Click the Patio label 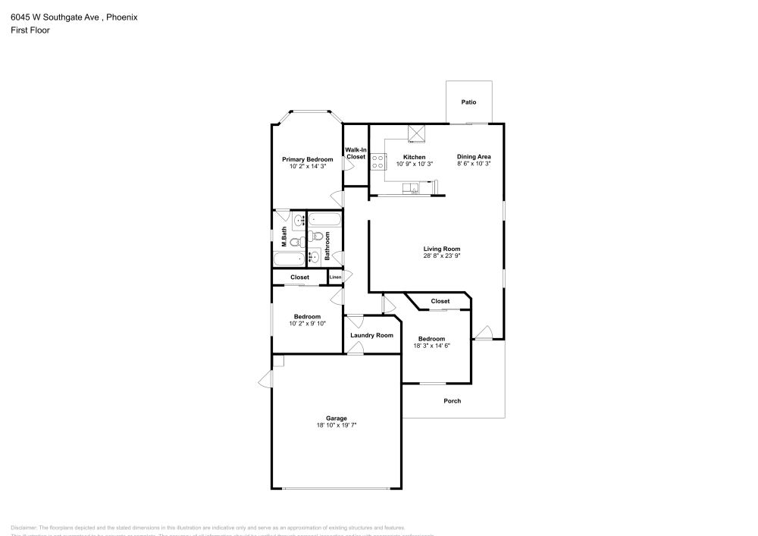(469, 102)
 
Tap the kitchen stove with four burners (377, 161)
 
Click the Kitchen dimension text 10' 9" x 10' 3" (414, 164)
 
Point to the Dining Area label (474, 157)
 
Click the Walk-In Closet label (356, 153)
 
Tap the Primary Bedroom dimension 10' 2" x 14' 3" (307, 166)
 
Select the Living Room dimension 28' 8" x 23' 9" (442, 255)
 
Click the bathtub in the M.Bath (289, 259)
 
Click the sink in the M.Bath (298, 221)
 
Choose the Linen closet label (335, 277)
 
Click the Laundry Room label (371, 335)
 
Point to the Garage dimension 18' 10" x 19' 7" (337, 425)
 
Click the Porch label (452, 401)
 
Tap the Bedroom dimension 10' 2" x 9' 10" (307, 324)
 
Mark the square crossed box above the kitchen (416, 133)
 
